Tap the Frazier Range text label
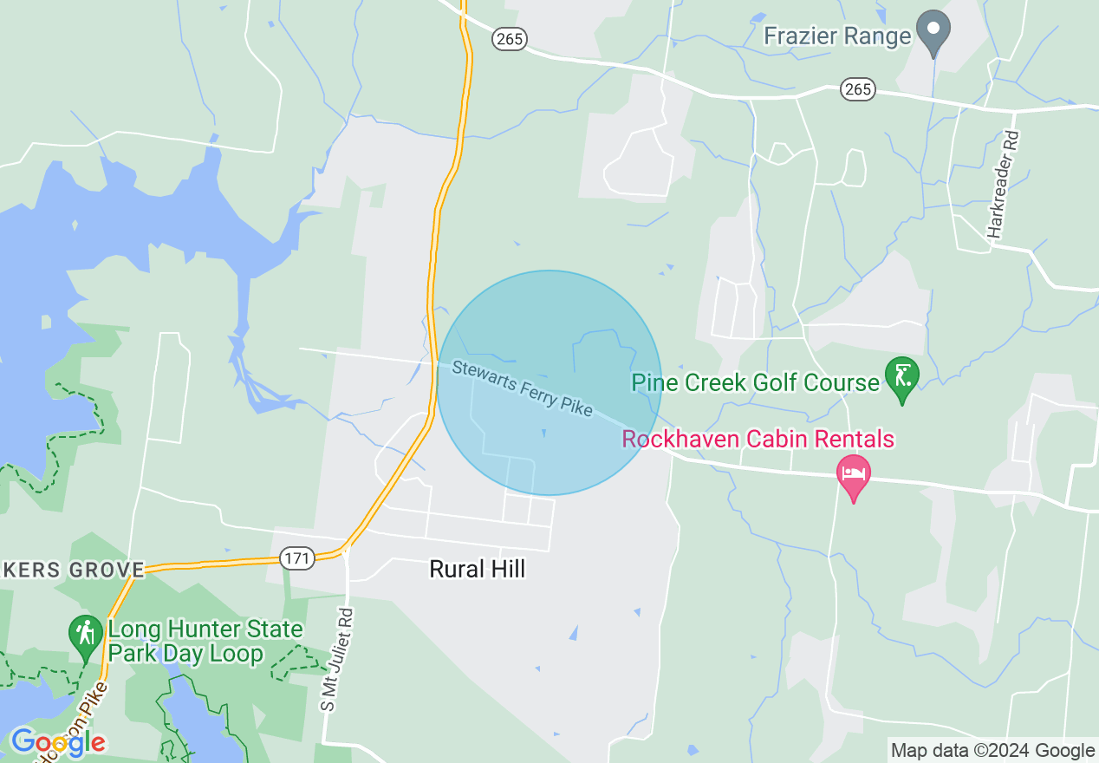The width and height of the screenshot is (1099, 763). click(837, 36)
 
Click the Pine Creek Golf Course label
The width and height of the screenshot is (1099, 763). click(755, 382)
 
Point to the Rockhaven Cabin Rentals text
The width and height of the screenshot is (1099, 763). click(758, 439)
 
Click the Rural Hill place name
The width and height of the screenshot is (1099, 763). click(478, 569)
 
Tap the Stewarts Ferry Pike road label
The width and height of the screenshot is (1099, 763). click(523, 388)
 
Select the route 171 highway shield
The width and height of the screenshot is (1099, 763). click(297, 558)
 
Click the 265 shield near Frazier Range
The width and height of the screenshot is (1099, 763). click(857, 88)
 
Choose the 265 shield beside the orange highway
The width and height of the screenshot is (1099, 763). click(509, 38)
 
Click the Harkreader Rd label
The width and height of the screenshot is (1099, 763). click(1004, 185)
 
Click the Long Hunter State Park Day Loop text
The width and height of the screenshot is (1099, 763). click(205, 642)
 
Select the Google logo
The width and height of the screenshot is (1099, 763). click(57, 742)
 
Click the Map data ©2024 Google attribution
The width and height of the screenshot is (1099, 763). click(993, 751)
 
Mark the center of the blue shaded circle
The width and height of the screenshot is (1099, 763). click(549, 383)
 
